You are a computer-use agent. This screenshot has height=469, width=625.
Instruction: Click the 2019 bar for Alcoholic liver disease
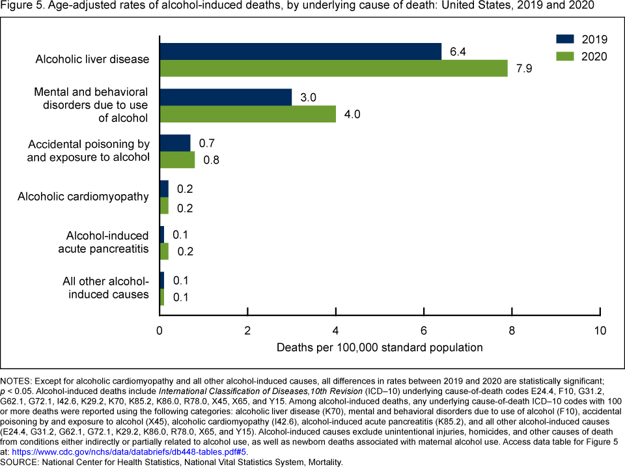pos(300,51)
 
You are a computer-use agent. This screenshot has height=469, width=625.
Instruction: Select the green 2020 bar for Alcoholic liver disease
pos(333,68)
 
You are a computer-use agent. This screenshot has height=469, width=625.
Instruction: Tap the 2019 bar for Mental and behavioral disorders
pos(225,97)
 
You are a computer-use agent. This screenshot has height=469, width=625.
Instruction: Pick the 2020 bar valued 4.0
pos(247,114)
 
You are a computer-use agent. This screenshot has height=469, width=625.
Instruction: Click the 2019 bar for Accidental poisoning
pos(175,143)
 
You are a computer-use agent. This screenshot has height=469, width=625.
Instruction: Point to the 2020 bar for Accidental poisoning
pos(177,160)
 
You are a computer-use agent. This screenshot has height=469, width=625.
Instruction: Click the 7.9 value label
pos(523,68)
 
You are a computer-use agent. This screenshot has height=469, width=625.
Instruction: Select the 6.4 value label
pos(457,51)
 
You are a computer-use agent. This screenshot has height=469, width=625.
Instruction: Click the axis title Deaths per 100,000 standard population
pos(380,347)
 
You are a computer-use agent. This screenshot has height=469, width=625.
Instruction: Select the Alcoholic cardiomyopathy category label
pos(83,197)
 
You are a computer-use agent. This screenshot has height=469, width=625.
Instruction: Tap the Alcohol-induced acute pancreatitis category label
pos(107,242)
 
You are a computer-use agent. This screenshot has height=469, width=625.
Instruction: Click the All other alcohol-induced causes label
pos(105,288)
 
